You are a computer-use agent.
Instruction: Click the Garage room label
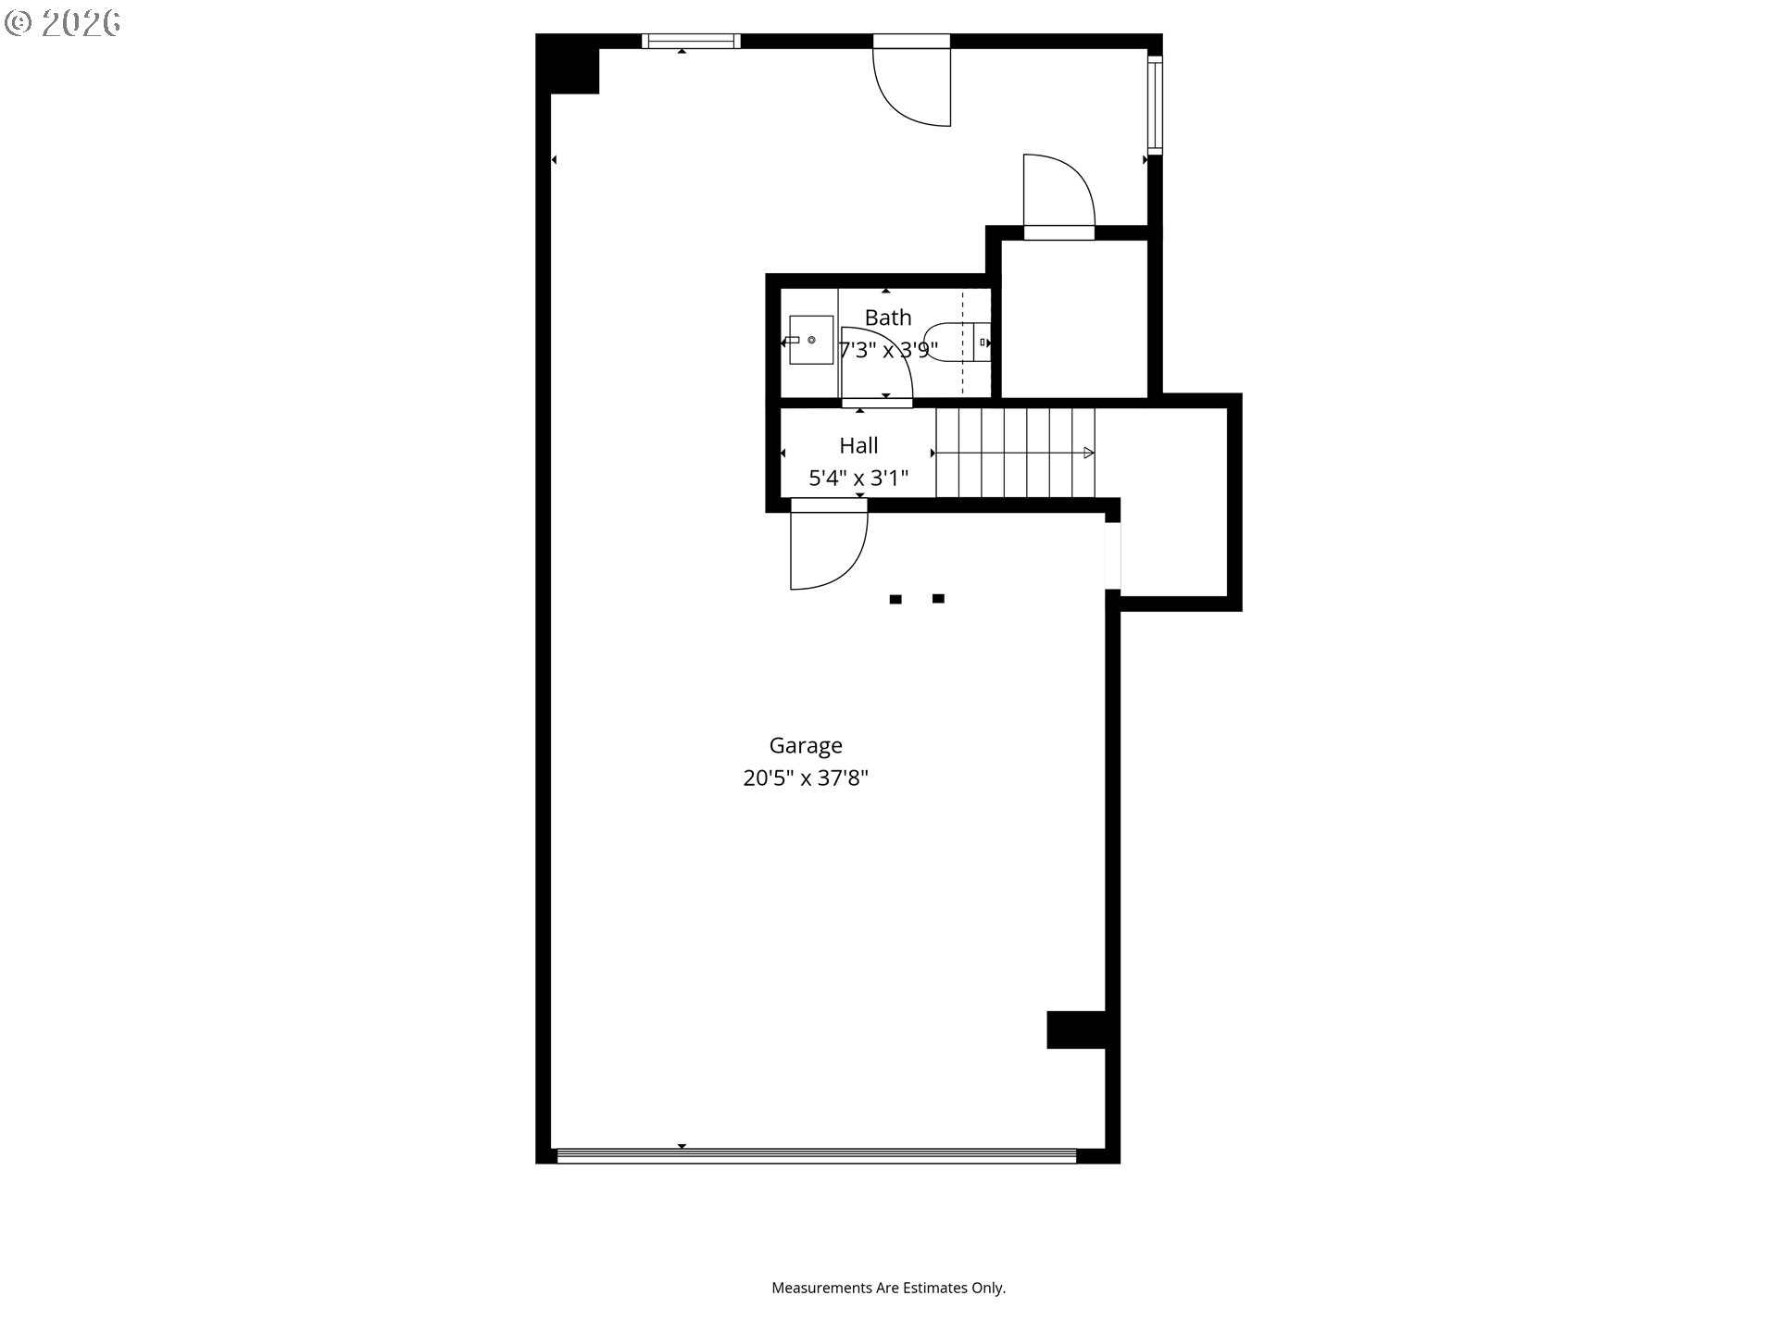[x=806, y=745]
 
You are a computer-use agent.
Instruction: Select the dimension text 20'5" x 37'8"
[x=806, y=778]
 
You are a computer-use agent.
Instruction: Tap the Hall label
[x=858, y=445]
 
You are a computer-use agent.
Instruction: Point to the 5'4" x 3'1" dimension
[x=858, y=478]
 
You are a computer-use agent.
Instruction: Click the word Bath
[x=888, y=318]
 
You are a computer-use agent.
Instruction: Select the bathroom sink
[x=810, y=340]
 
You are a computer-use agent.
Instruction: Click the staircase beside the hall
[x=1015, y=453]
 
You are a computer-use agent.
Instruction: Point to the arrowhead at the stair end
[x=1089, y=453]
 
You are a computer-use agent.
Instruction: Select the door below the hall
[x=827, y=550]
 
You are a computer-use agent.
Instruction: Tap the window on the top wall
[x=691, y=41]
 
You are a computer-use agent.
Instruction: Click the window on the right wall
[x=1155, y=105]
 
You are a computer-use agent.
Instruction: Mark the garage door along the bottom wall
[x=816, y=1155]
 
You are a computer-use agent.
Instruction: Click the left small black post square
[x=895, y=600]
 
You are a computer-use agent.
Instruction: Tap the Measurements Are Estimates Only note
[x=888, y=1288]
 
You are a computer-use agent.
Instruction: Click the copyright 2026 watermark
[x=63, y=23]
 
